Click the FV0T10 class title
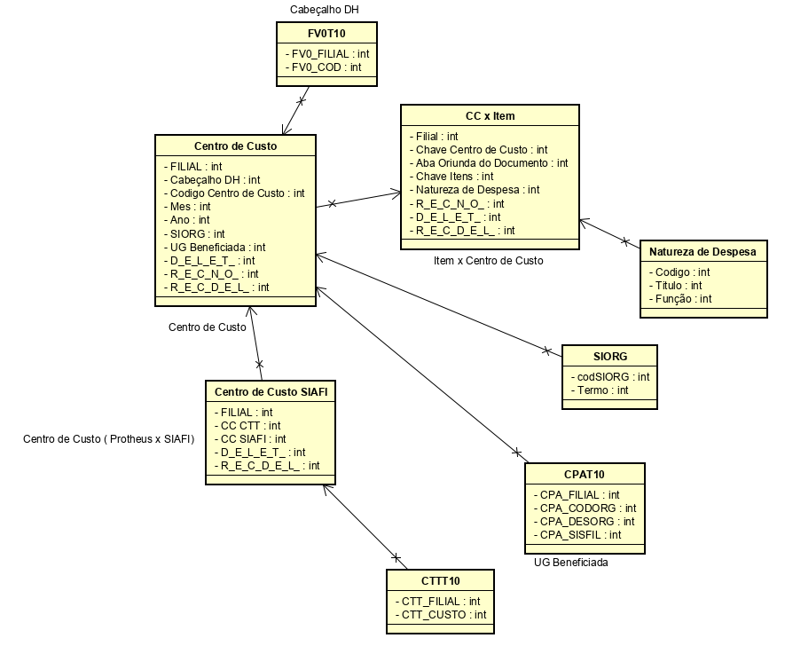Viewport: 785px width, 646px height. pos(326,33)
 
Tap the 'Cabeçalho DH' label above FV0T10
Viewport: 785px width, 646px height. pos(325,10)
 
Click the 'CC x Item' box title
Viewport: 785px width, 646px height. pos(490,116)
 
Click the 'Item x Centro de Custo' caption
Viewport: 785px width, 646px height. pos(488,261)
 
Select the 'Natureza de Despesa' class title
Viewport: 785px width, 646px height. pos(703,252)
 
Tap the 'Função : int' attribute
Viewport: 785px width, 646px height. pos(680,299)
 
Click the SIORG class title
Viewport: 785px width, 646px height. pos(609,357)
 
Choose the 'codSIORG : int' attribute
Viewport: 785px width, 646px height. pos(609,377)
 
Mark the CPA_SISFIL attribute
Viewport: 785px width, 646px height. pos(577,535)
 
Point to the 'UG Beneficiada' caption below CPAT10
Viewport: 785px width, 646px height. pos(570,563)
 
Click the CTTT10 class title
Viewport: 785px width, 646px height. pos(441,581)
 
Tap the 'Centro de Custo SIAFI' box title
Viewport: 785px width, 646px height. pos(270,392)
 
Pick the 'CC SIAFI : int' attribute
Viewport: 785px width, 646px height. pos(253,439)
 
